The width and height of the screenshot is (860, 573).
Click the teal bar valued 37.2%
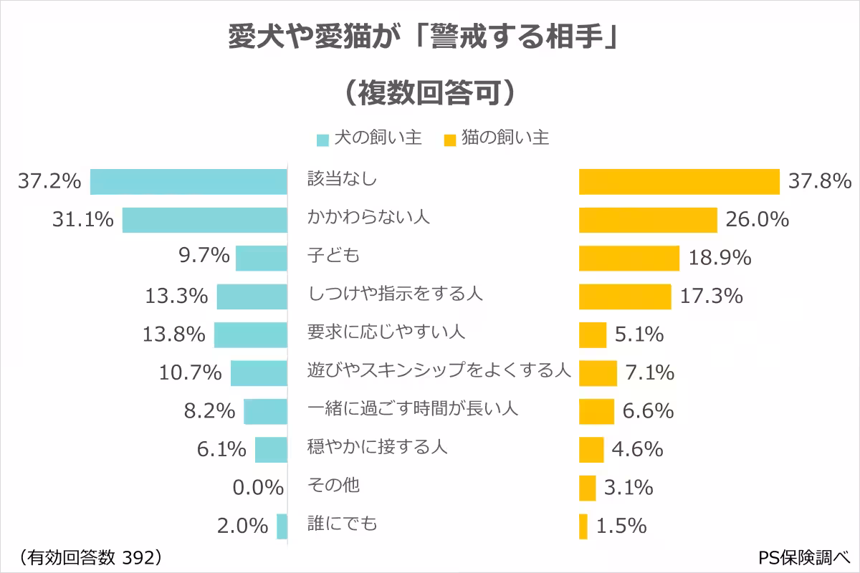click(188, 182)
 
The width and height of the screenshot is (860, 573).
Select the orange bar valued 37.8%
click(679, 182)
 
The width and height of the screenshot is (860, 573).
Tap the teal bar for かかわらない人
click(204, 220)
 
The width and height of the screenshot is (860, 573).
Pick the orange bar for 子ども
click(629, 258)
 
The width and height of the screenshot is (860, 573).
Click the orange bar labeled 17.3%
click(624, 296)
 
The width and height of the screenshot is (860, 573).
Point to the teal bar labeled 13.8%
click(250, 334)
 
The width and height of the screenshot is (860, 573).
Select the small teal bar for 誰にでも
click(282, 526)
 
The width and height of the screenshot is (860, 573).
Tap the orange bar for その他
click(587, 488)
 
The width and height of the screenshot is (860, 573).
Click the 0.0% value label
click(259, 488)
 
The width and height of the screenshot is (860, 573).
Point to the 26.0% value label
click(758, 220)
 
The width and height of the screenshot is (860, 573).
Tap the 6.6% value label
click(648, 411)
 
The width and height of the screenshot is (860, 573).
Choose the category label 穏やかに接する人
click(377, 447)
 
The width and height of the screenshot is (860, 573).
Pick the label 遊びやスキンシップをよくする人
click(439, 371)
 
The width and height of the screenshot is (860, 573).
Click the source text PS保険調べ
click(803, 557)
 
